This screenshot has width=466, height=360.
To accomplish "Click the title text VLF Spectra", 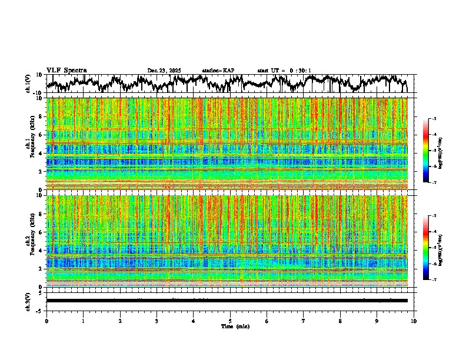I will click(x=66, y=71).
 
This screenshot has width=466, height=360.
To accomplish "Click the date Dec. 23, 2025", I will click(x=164, y=71).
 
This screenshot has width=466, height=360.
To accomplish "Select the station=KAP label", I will click(x=218, y=71).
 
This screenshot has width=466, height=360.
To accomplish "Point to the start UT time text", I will click(x=284, y=71).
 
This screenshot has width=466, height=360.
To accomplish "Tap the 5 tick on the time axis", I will click(x=230, y=321).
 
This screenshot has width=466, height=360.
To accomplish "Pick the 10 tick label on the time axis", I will click(x=414, y=321).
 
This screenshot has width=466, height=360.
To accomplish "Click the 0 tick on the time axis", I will click(x=46, y=321).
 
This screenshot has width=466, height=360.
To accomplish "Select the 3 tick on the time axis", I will click(x=157, y=321).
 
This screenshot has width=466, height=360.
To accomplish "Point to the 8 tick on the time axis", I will click(x=340, y=321).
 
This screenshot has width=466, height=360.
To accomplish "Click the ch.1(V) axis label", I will click(x=28, y=84).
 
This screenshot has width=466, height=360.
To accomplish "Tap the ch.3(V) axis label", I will click(x=28, y=301).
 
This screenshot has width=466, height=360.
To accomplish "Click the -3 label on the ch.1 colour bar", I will click(x=434, y=119).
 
